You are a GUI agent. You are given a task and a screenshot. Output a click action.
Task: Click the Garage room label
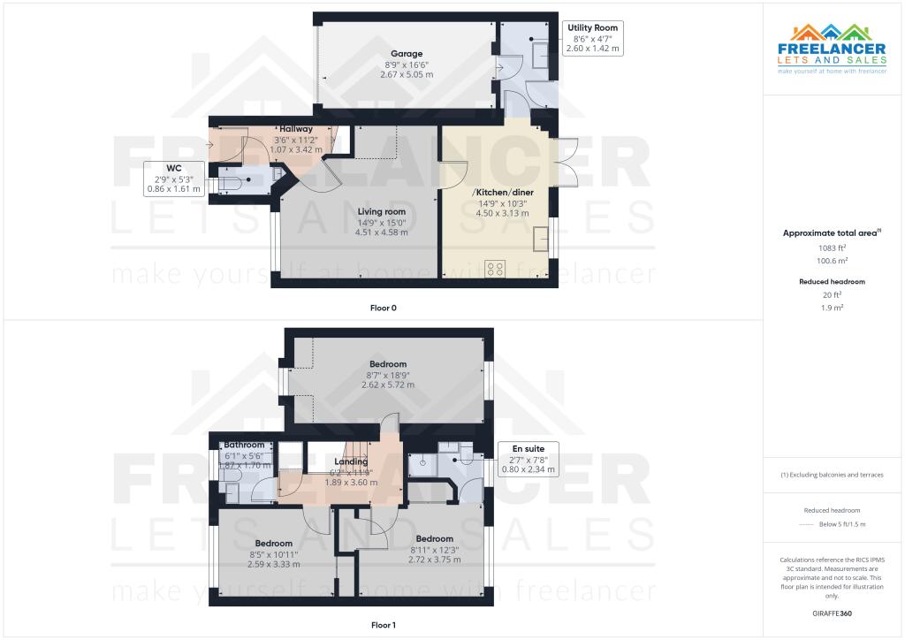click(407, 54)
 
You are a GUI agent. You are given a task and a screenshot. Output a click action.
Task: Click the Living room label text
click(382, 211)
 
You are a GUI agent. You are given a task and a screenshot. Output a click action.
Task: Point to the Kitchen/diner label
click(502, 192)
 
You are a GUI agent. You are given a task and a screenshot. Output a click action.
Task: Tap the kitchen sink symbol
click(540, 238)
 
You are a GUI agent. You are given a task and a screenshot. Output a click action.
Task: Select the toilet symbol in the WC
click(232, 183)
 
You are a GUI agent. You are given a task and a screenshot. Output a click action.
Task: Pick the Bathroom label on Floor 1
click(244, 445)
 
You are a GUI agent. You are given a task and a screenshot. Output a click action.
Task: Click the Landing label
click(351, 462)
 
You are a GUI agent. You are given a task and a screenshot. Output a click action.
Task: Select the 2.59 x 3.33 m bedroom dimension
click(273, 564)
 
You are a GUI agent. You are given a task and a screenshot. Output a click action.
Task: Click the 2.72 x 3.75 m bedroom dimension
click(435, 560)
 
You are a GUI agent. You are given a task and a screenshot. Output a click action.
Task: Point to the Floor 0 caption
click(383, 308)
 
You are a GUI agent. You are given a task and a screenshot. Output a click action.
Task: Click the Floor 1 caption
click(383, 625)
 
